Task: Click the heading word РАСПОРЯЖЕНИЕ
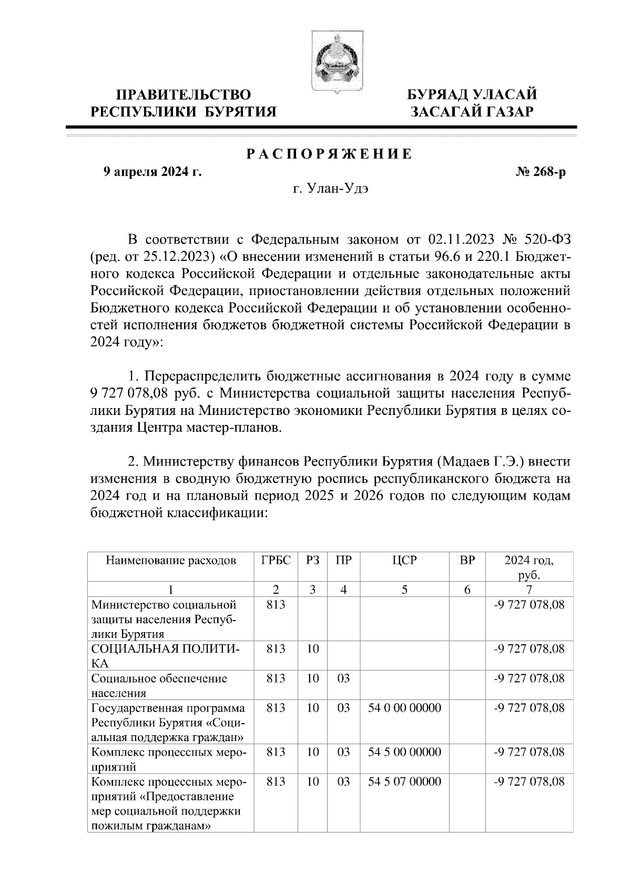click(330, 155)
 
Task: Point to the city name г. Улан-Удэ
click(331, 189)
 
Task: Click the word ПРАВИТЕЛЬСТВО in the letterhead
click(184, 95)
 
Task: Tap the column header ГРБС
click(276, 560)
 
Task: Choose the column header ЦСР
click(404, 560)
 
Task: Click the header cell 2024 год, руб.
click(528, 566)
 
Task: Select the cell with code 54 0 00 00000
click(404, 708)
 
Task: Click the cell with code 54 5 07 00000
click(404, 782)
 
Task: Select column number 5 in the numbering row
click(404, 589)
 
